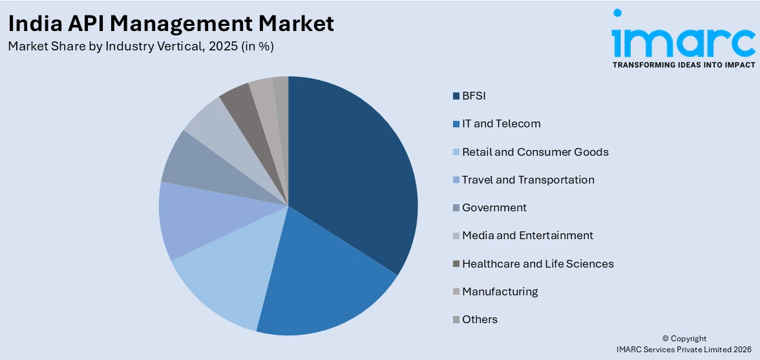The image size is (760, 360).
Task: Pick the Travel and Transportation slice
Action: pyautogui.click(x=194, y=220)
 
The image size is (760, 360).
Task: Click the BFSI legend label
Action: pyautogui.click(x=474, y=96)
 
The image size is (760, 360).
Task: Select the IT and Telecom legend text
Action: pyautogui.click(x=501, y=124)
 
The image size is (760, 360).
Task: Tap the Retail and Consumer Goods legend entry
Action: pyautogui.click(x=535, y=152)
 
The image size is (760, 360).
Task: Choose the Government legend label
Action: pyautogui.click(x=494, y=207)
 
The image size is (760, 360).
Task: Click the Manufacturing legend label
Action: pyautogui.click(x=500, y=291)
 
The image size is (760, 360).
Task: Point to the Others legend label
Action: pyautogui.click(x=480, y=319)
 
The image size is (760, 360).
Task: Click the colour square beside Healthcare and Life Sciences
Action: pyautogui.click(x=456, y=264)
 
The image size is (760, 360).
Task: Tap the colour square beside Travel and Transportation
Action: pyautogui.click(x=456, y=180)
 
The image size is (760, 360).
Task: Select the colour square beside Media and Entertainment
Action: pyautogui.click(x=456, y=236)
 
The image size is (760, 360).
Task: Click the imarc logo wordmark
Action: pyautogui.click(x=683, y=40)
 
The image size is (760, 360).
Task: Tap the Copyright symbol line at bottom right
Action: pyautogui.click(x=684, y=339)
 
